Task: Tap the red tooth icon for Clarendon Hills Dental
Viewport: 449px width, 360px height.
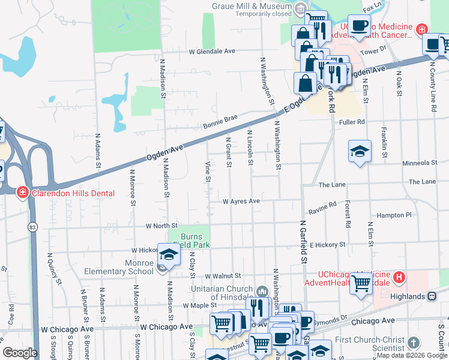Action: (x=22, y=193)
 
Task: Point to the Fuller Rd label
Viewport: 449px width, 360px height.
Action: (x=352, y=122)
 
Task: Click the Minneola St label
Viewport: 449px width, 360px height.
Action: (x=420, y=163)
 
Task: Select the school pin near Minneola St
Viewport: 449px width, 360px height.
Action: (x=360, y=152)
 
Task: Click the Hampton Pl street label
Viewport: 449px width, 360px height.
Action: (x=394, y=215)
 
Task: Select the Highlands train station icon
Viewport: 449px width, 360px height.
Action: (x=431, y=296)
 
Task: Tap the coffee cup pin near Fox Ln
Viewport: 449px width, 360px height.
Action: (x=359, y=26)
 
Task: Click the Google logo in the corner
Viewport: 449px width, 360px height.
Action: (x=20, y=353)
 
